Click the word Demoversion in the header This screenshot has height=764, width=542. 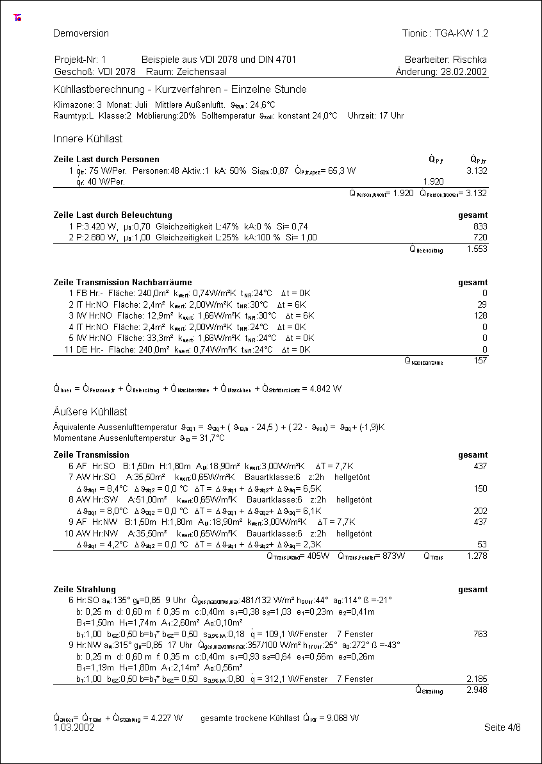click(x=81, y=33)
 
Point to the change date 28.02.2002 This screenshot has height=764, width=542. click(x=464, y=72)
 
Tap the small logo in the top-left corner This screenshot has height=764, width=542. click(x=17, y=18)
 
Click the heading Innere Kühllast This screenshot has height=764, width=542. click(x=88, y=138)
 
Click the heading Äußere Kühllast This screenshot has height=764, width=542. click(x=90, y=411)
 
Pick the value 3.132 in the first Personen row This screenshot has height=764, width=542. click(x=477, y=171)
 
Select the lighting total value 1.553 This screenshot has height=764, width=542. click(x=477, y=249)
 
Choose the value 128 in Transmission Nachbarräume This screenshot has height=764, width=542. click(x=480, y=315)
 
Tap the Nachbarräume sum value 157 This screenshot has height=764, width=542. click(x=480, y=361)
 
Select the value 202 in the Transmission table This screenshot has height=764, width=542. click(x=480, y=511)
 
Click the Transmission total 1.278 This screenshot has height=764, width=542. click(x=477, y=556)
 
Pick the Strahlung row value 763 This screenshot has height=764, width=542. click(x=480, y=634)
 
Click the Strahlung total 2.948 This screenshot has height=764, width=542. click(x=477, y=690)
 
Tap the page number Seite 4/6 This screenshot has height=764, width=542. click(x=502, y=727)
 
